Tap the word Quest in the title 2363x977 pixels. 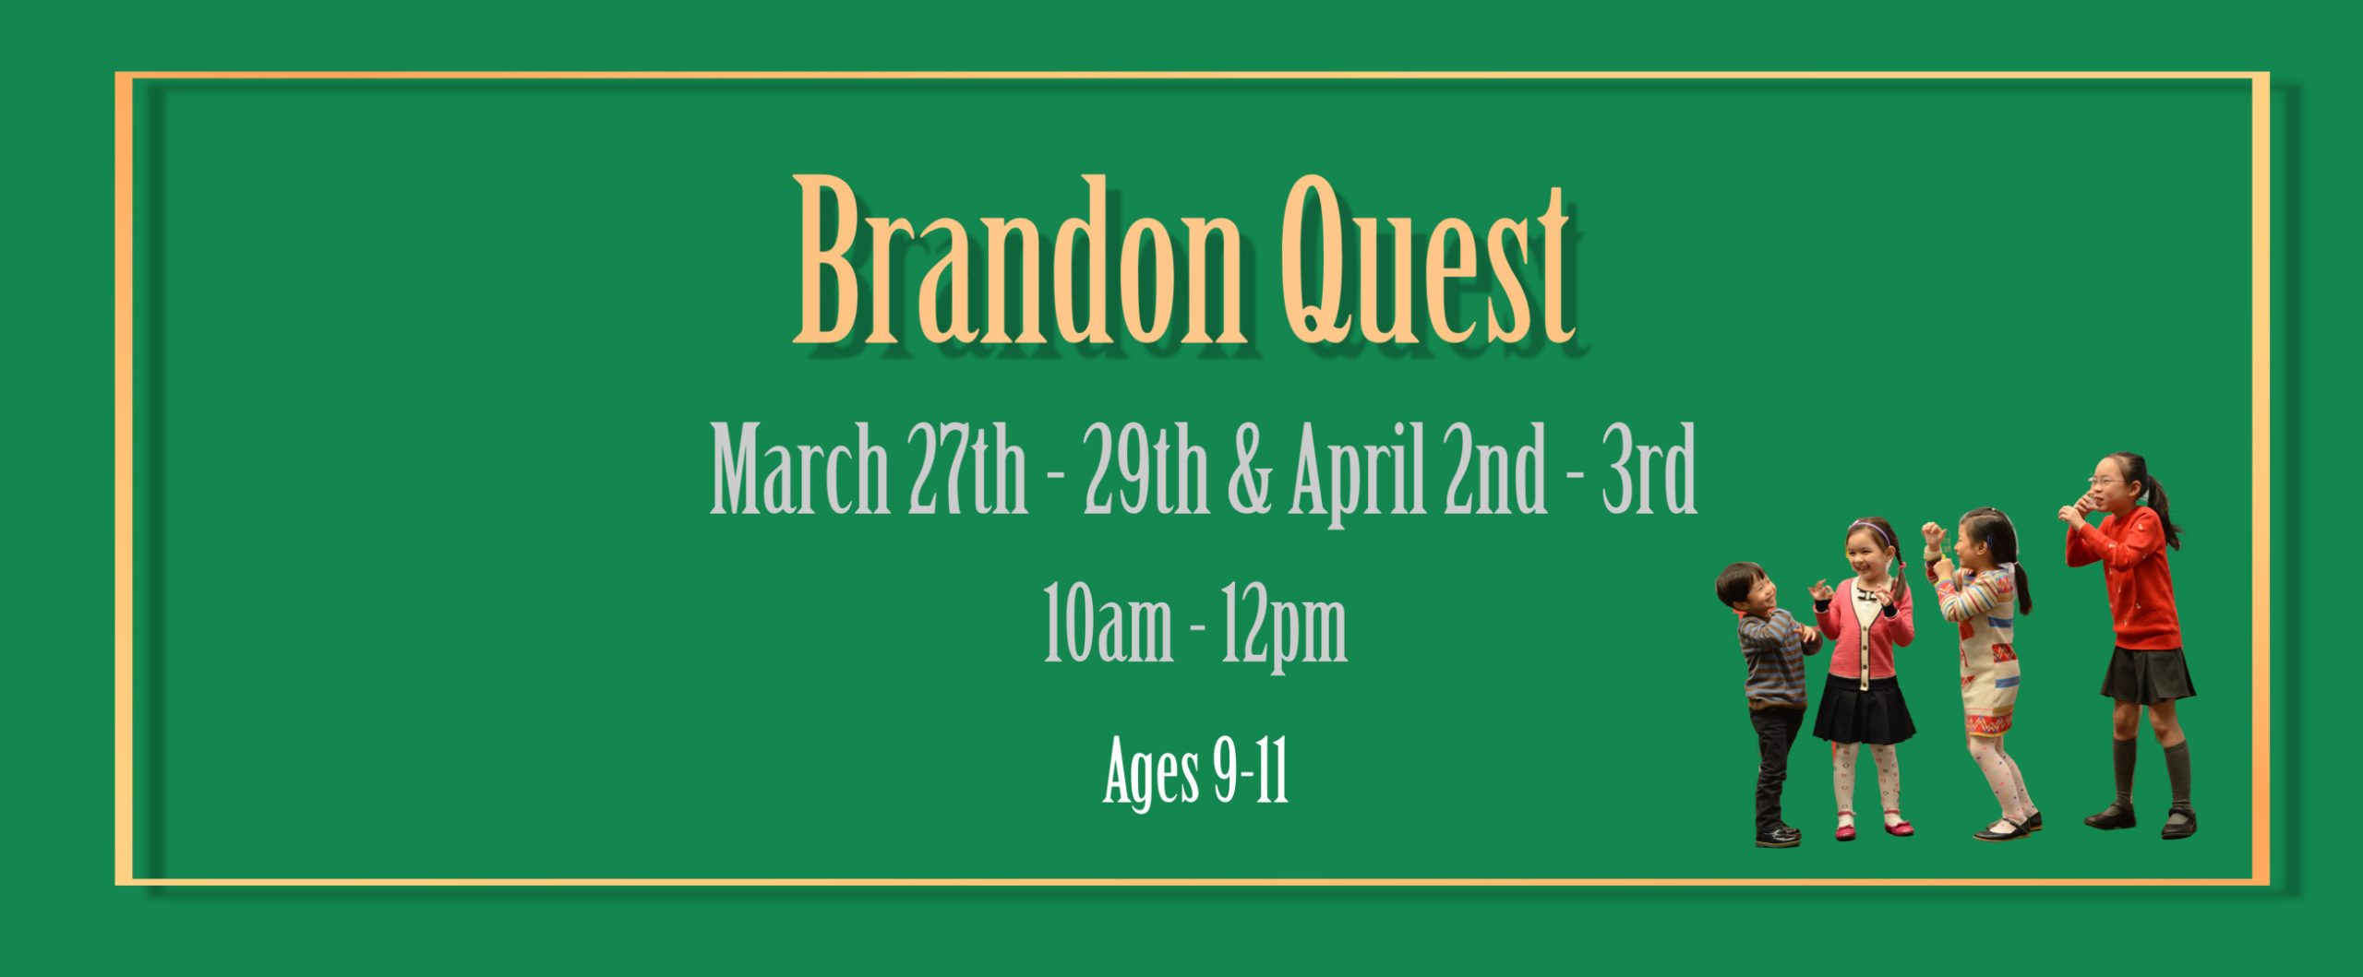click(1427, 262)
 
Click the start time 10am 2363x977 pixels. click(1109, 622)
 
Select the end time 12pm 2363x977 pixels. click(1284, 626)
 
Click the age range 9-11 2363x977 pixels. click(1252, 769)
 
